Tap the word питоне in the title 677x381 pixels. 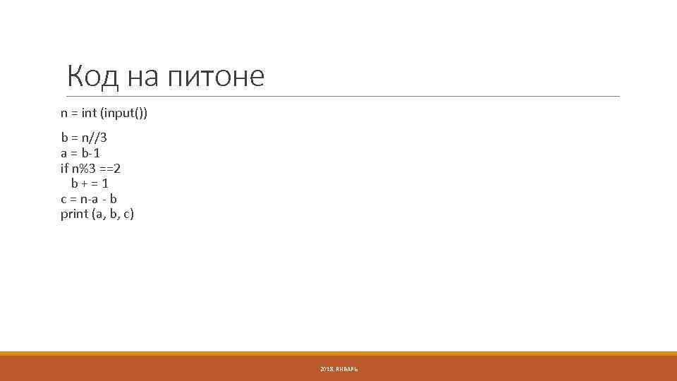(x=216, y=76)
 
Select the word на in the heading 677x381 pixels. (x=144, y=76)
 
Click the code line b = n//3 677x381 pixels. (x=84, y=137)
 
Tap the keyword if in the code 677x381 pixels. (x=64, y=168)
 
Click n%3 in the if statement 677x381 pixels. (x=85, y=168)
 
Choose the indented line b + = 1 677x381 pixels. (x=90, y=183)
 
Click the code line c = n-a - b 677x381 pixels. (x=89, y=199)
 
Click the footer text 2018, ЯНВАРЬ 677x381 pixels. (x=338, y=369)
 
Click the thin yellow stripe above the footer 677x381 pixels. (x=338, y=353)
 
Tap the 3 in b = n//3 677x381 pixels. (x=103, y=137)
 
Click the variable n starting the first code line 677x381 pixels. (x=64, y=113)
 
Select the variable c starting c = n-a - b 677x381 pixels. (x=63, y=199)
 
